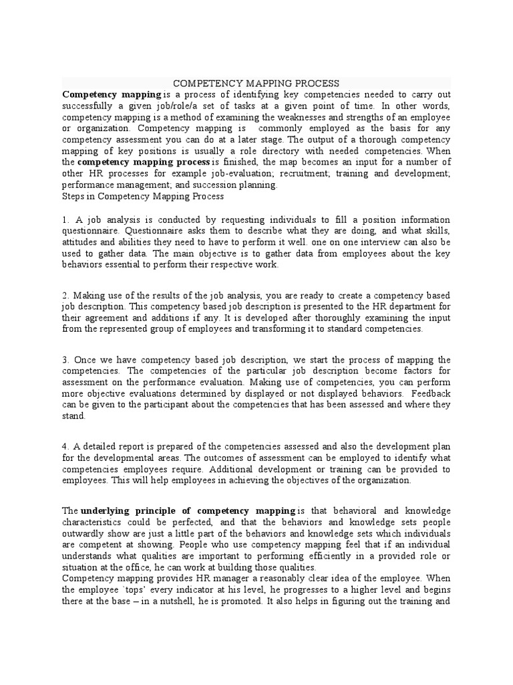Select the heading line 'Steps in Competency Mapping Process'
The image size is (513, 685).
[x=143, y=197]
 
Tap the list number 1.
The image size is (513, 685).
[x=65, y=220]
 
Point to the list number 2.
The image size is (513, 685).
[x=65, y=296]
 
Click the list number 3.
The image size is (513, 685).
[x=65, y=361]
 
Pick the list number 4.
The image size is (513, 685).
[x=65, y=448]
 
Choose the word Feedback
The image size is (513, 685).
[x=432, y=394]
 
